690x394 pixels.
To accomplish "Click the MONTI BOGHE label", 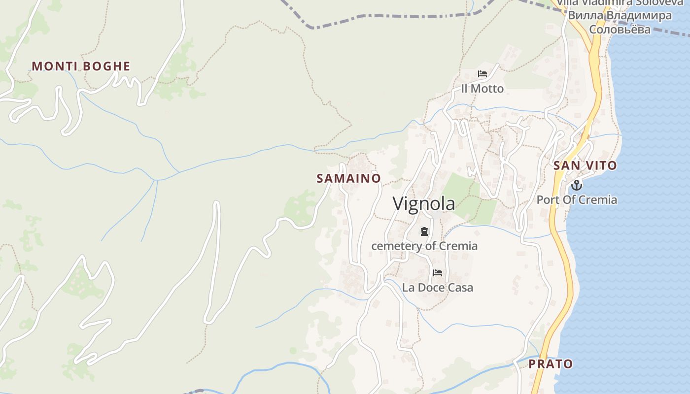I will [x=81, y=66].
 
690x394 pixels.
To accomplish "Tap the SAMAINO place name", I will [x=348, y=178].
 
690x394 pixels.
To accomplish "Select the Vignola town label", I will [x=424, y=203].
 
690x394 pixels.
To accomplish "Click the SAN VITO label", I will [x=585, y=165].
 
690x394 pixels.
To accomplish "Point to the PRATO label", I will [x=551, y=364].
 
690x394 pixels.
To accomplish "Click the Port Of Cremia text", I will [x=577, y=199].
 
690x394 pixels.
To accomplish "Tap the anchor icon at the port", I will [x=576, y=185].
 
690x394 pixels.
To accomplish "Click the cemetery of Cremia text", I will [x=424, y=246].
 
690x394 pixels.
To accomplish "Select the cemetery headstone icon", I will [x=424, y=231].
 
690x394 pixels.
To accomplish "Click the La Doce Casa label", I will [x=438, y=287].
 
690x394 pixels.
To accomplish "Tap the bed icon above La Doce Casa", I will [x=438, y=273].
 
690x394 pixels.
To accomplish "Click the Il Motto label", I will [x=483, y=89].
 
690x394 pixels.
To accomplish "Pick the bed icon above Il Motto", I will [x=483, y=74].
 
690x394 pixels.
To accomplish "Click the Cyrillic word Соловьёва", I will [x=620, y=29].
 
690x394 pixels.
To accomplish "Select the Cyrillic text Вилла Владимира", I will [x=620, y=15].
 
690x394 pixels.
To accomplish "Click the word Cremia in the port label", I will [x=599, y=199].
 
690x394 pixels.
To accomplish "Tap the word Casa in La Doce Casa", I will [x=460, y=287].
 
